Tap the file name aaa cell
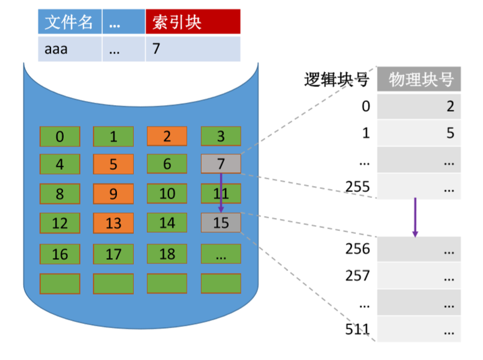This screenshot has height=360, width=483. point(70,49)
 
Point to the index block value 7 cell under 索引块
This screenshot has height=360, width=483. point(193,49)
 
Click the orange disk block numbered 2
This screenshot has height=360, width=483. point(167,136)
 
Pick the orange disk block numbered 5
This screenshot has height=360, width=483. point(113,163)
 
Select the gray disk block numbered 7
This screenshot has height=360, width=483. point(221,163)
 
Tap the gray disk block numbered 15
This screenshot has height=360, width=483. point(221,223)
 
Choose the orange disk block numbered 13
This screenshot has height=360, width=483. point(113,223)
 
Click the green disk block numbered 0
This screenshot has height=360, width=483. point(59,136)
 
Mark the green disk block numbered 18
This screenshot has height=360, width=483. point(167,253)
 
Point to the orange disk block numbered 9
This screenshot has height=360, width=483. point(113,194)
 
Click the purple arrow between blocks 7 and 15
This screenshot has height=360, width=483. point(221,192)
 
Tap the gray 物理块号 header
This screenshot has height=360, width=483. point(419,80)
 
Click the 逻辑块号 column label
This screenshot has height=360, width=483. point(337,80)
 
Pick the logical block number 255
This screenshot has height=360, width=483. point(358,187)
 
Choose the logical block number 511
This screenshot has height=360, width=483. point(359,329)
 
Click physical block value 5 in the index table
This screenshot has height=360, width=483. point(450,133)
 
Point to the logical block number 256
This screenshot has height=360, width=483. point(359,248)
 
